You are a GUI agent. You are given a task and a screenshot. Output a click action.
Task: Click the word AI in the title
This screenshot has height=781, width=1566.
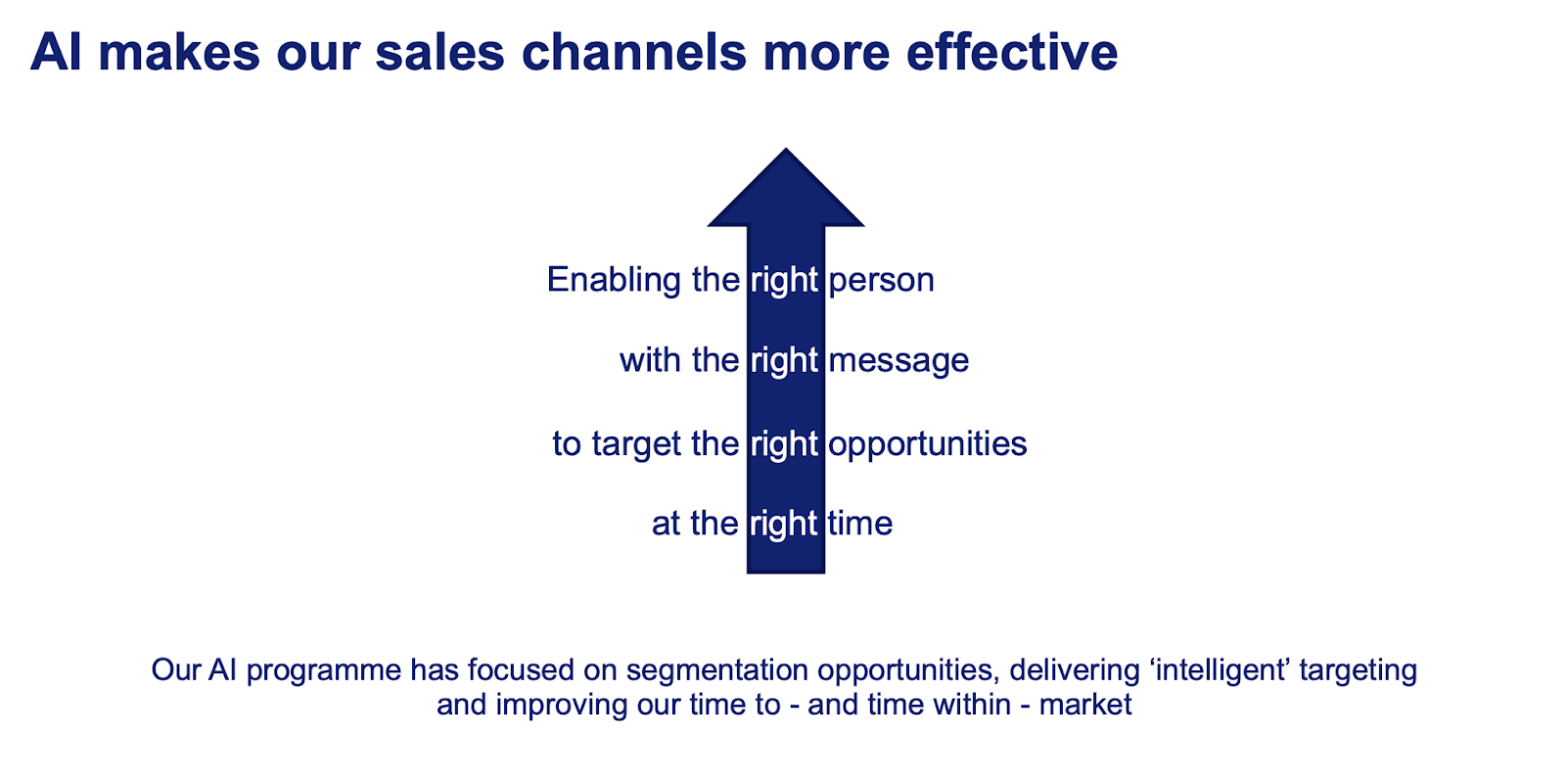click(56, 52)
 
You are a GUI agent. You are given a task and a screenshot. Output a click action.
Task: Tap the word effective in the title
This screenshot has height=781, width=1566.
click(1012, 52)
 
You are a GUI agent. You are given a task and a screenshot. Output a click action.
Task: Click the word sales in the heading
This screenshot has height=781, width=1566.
click(439, 52)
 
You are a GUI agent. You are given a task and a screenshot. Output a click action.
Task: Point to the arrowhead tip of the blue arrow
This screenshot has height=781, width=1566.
click(786, 152)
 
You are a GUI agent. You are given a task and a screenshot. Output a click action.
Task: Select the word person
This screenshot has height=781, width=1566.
click(881, 281)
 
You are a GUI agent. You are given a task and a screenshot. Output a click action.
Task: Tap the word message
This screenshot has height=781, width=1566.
click(898, 361)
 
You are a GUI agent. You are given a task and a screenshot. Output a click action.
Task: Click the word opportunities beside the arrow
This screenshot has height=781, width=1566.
click(927, 444)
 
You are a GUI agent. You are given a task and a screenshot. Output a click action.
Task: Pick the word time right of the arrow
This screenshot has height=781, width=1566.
click(859, 524)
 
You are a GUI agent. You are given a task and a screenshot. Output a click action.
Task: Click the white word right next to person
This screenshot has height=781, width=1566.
click(784, 281)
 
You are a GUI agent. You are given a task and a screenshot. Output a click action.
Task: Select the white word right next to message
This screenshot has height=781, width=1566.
click(784, 361)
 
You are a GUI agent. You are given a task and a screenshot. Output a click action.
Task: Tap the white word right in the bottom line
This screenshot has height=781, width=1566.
click(784, 525)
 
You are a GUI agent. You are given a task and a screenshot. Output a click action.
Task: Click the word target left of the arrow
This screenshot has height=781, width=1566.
click(636, 444)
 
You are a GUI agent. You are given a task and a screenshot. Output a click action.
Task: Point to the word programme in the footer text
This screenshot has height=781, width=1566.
click(324, 670)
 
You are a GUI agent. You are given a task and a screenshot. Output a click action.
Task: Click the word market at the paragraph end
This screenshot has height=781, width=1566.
click(1085, 705)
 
